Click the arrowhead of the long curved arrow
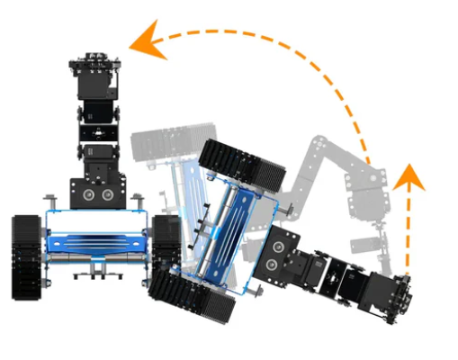point(144,43)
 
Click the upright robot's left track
point(27,256)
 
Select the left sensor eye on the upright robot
point(87,193)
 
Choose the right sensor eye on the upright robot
point(108,193)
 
